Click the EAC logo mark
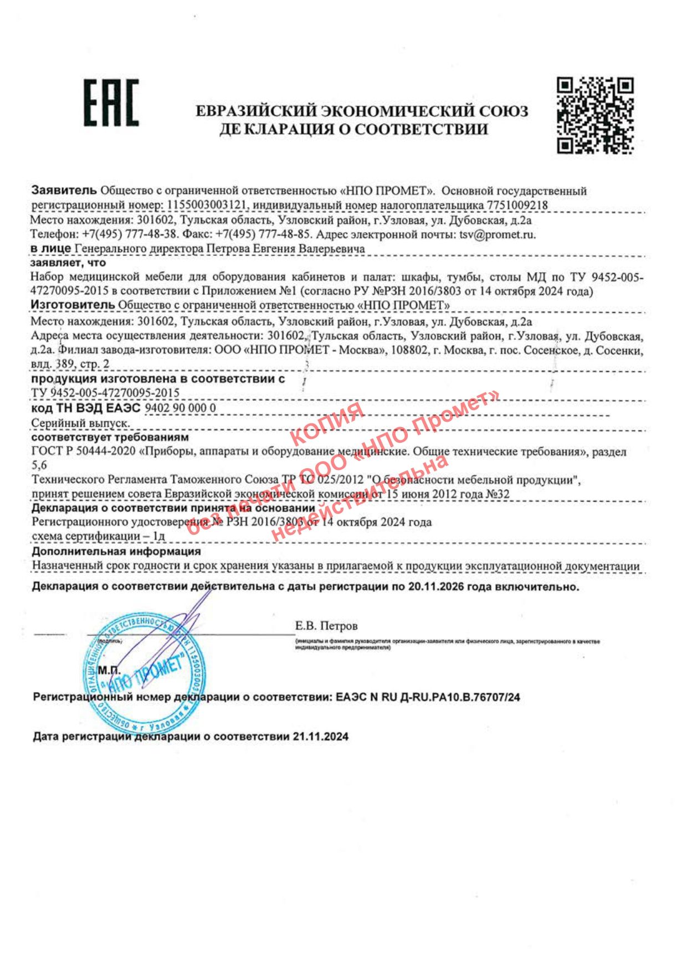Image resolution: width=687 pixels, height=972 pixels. [111, 103]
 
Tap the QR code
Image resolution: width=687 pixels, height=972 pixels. [595, 115]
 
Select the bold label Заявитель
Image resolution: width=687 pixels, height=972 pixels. [64, 191]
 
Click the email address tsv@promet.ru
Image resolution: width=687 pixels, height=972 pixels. [498, 234]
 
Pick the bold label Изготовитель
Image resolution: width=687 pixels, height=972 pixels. [73, 305]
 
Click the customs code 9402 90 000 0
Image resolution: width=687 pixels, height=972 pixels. [180, 408]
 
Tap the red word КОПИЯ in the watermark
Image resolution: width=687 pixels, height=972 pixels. [326, 424]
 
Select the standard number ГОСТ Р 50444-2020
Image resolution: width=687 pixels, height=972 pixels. [84, 452]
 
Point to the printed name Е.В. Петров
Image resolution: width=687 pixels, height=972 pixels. [326, 626]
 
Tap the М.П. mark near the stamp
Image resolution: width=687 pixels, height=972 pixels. [109, 671]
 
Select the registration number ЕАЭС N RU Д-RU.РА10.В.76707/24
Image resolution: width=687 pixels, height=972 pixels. [428, 697]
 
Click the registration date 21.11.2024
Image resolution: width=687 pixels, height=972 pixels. [321, 736]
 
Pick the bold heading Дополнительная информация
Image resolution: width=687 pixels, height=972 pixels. [116, 551]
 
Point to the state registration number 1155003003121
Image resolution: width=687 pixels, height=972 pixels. [206, 205]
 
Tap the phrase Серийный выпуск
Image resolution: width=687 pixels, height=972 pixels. [80, 423]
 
